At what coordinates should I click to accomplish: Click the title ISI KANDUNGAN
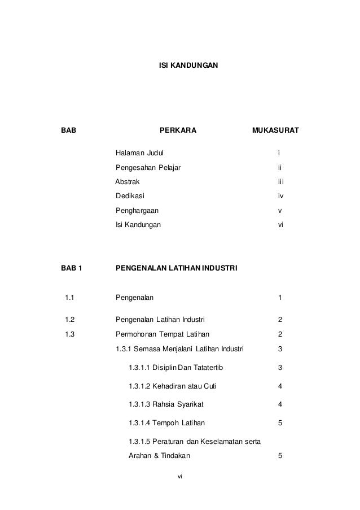[x=186, y=67]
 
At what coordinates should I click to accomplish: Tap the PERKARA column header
[x=178, y=132]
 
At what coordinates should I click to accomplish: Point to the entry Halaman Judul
[x=141, y=153]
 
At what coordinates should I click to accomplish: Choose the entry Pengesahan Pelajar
[x=148, y=168]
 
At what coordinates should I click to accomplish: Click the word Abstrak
[x=128, y=182]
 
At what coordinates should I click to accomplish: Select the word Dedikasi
[x=130, y=196]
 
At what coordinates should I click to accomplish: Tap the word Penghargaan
[x=137, y=211]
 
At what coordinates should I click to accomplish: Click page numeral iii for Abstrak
[x=280, y=182]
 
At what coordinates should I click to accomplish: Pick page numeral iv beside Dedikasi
[x=280, y=196]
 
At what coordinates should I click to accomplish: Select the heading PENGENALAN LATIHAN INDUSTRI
[x=177, y=268]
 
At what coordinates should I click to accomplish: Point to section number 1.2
[x=70, y=319]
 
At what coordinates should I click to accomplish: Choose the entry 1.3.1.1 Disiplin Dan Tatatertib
[x=176, y=369]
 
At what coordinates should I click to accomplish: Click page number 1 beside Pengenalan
[x=280, y=297]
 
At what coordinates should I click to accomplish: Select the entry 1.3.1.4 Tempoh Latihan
[x=167, y=422]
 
